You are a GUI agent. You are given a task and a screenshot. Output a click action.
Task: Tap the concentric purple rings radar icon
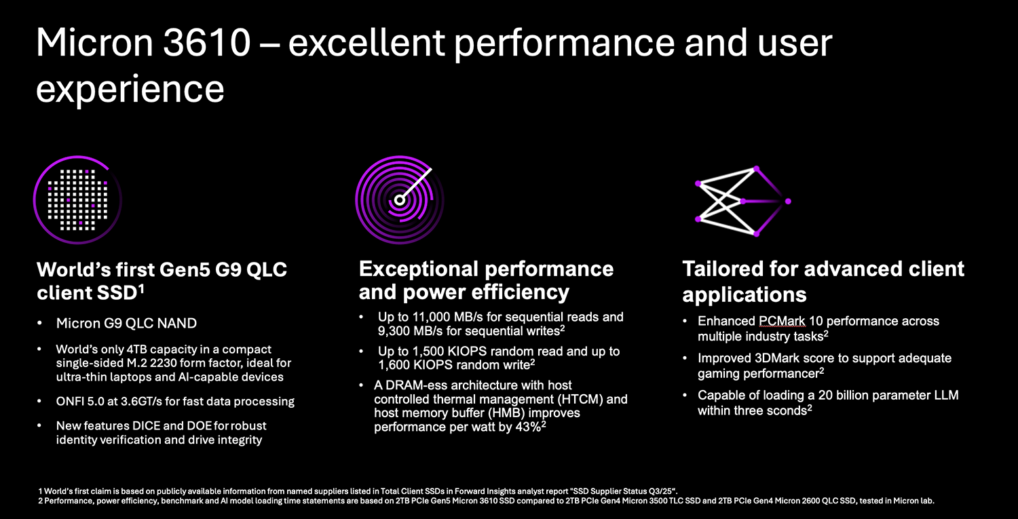point(399,199)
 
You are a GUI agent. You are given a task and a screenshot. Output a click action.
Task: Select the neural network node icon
point(741,201)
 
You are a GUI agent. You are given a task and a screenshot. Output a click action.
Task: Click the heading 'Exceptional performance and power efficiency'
point(486,280)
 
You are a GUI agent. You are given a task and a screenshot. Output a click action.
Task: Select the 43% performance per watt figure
point(525,427)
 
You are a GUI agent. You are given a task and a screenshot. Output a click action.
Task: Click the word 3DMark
point(791,358)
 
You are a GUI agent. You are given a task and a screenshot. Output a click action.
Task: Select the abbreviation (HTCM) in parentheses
point(588,399)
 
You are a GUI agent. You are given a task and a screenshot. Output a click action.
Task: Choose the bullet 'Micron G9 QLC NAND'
point(126,323)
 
